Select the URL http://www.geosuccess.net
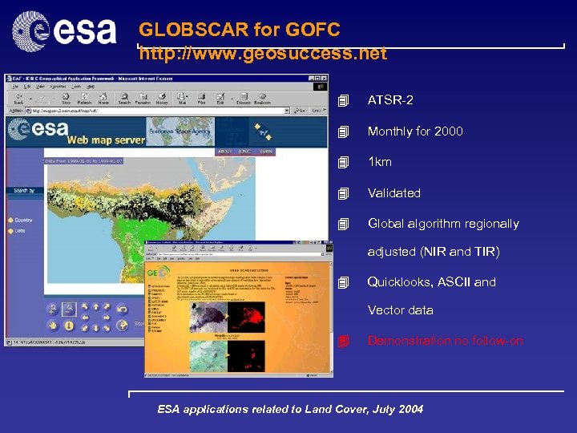pos(263,54)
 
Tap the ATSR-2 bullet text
pos(390,100)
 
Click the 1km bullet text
pos(379,162)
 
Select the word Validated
pos(393,192)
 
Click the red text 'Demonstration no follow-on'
pos(445,341)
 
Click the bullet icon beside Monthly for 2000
pos(344,132)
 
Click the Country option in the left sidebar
pos(22,220)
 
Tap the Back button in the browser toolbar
pos(18,98)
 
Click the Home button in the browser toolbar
pos(103,98)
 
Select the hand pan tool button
pos(53,326)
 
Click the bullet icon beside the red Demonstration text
pos(344,341)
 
